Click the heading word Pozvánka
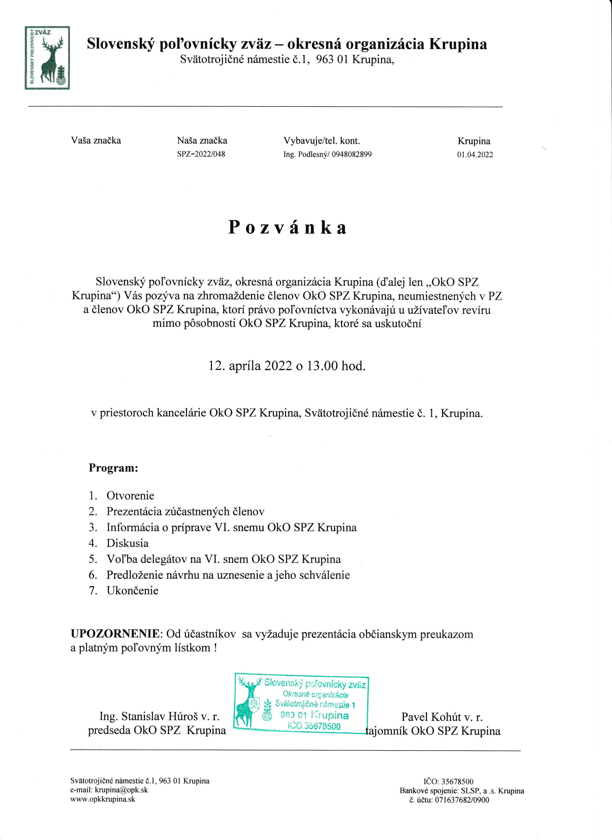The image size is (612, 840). tap(287, 227)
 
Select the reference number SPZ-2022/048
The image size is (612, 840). tap(201, 154)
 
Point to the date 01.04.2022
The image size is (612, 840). tap(475, 155)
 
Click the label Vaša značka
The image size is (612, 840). tap(96, 141)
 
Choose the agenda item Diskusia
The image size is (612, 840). tap(127, 543)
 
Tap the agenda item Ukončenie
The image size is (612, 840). tap(132, 590)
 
